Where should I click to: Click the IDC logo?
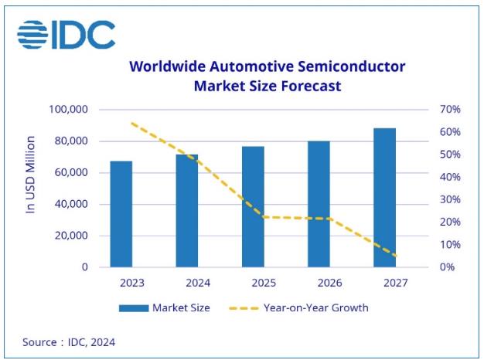(x=66, y=35)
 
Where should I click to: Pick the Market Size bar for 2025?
(x=252, y=207)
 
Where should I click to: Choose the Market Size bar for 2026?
(x=319, y=204)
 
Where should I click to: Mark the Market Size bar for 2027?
(x=384, y=198)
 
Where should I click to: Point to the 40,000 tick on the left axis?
(x=70, y=205)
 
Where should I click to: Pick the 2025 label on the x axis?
(x=252, y=283)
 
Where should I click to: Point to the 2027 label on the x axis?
(x=384, y=283)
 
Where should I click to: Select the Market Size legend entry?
(x=165, y=307)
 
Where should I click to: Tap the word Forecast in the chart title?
(x=305, y=86)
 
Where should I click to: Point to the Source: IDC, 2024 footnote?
(x=69, y=341)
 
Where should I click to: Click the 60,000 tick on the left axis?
(x=70, y=173)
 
